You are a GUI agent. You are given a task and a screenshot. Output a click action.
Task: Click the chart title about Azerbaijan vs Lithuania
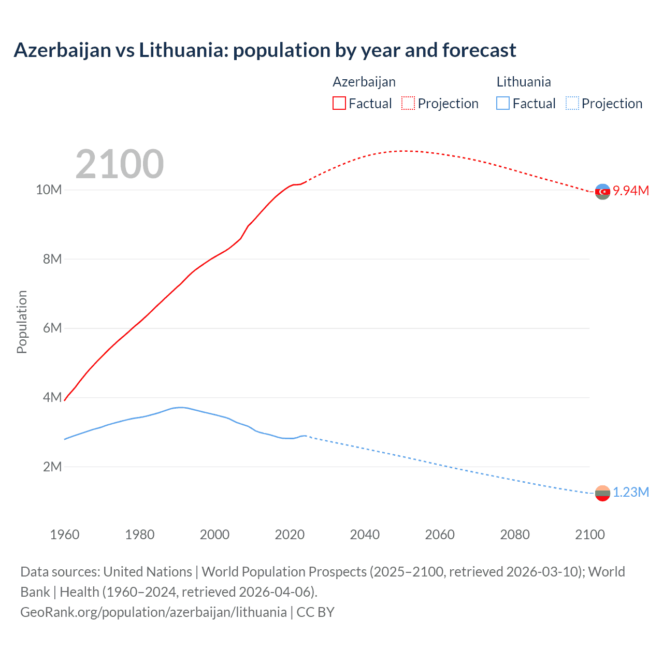coord(265,50)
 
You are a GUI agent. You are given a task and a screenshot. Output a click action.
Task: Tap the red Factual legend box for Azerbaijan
coord(339,103)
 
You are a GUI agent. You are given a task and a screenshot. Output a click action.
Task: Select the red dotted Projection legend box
coord(408,103)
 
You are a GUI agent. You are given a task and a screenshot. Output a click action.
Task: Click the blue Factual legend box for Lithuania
coord(503,103)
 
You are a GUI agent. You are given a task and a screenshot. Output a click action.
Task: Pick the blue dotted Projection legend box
coord(572,103)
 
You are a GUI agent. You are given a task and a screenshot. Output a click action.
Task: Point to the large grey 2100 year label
coord(120,164)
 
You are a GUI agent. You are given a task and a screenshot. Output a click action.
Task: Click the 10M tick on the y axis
coord(49,190)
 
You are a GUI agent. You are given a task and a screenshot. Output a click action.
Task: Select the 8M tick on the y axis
coord(52,259)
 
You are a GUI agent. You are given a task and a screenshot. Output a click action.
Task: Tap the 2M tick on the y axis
coord(52,467)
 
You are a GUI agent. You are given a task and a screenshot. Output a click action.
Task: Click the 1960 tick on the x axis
coord(65,535)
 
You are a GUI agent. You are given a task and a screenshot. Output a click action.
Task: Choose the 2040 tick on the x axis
coord(365,535)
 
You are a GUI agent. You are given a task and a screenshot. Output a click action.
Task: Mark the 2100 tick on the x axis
coord(589,535)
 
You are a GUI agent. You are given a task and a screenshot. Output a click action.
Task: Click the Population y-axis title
coord(22,322)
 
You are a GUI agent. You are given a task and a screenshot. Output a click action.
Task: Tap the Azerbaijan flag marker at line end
coord(602,192)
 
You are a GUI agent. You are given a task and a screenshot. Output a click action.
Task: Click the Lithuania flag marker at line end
coord(602,493)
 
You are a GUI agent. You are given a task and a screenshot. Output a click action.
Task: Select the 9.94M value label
coord(631,191)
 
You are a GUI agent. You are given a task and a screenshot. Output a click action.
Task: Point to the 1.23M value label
coord(631,493)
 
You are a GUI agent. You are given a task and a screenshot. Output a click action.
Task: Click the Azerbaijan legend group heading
coord(364,82)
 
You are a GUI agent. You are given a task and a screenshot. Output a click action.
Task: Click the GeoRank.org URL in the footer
coord(153,612)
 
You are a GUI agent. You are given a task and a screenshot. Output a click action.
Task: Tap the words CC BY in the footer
coord(315,612)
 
